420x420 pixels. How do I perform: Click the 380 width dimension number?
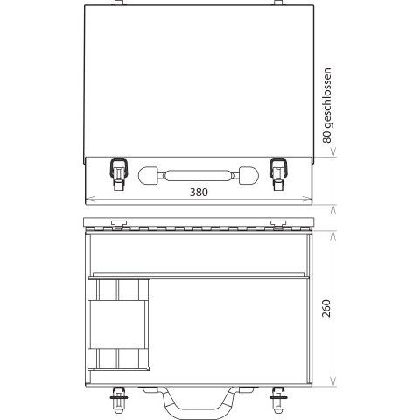(199, 192)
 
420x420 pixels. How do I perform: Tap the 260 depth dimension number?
(326, 308)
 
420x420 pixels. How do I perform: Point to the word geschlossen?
(327, 98)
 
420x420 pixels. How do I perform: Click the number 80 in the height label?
(327, 136)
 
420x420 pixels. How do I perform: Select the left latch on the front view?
(118, 174)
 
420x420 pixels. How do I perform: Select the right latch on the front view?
(278, 174)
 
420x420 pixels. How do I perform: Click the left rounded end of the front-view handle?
(148, 176)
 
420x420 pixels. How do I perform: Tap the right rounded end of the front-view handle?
(248, 176)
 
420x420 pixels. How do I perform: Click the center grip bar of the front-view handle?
(199, 176)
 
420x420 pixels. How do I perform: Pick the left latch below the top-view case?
(118, 400)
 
